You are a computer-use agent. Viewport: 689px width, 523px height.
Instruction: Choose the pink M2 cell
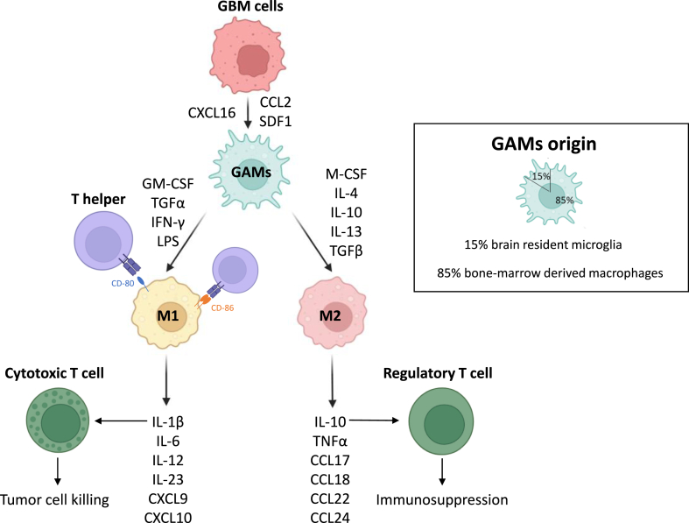pos(330,312)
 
